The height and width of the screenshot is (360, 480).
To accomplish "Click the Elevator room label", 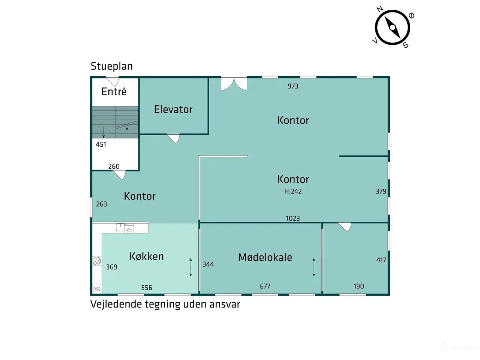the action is (173, 109).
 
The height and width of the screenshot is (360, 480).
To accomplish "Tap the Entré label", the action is (114, 91).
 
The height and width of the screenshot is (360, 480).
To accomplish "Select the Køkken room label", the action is (147, 256).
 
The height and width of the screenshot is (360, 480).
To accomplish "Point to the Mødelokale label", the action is (265, 257).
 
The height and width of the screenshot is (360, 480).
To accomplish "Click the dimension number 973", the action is (293, 86).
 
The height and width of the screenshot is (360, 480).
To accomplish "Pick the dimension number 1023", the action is (293, 218).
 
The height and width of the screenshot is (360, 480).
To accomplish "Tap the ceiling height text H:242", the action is (293, 191).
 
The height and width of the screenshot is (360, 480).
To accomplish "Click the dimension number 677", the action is (265, 286).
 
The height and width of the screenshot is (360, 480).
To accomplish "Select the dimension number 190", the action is (358, 286).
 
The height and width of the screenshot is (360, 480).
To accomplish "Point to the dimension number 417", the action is (381, 260).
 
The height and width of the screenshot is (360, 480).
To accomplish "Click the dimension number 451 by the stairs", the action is (101, 144).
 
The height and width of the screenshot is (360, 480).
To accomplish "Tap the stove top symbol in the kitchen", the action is (97, 261).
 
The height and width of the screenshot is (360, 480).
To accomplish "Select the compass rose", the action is (392, 27).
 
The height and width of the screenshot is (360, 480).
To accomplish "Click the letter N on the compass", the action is (380, 9).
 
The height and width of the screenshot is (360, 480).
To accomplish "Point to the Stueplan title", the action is (111, 66).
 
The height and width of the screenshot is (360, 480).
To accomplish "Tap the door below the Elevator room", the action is (174, 139).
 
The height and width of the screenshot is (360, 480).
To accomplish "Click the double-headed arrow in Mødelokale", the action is (314, 267).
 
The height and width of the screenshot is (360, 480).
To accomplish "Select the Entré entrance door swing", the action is (113, 81).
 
